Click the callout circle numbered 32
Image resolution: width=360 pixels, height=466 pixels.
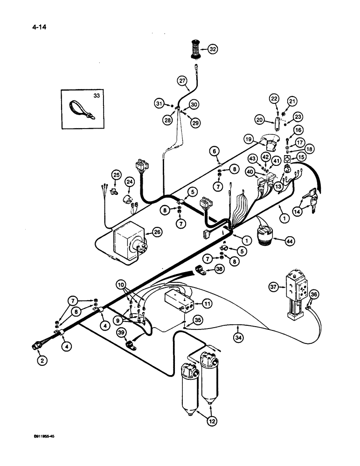tap(212, 48)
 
